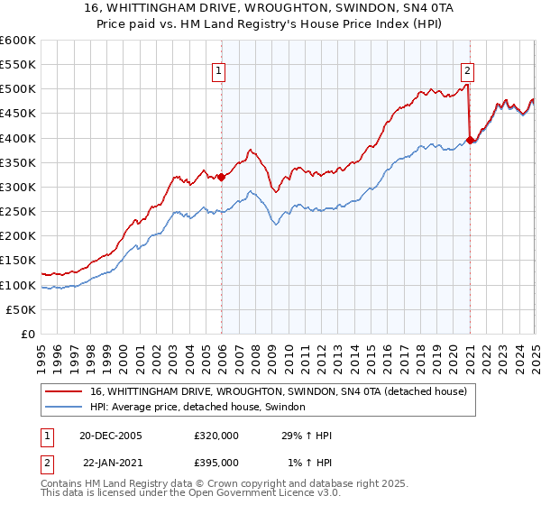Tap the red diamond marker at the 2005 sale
pos(222,177)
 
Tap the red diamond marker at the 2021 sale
pos(471,140)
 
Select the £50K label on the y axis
pos(21,309)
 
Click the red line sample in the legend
pos(64,391)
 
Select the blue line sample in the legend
pos(64,408)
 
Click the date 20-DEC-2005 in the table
pos(111,436)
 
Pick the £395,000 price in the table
pos(216,463)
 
